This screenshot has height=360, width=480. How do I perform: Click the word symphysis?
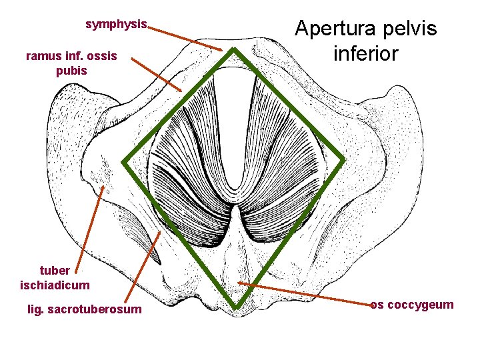(117, 24)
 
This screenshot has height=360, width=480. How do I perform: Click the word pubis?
(71, 70)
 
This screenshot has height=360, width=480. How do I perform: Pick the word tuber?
(55, 271)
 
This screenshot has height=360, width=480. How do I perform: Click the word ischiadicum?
(55, 285)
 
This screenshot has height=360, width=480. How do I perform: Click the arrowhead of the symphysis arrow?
(224, 49)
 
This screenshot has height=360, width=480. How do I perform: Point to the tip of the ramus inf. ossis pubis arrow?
(181, 91)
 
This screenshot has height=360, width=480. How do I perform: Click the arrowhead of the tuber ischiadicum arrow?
(103, 186)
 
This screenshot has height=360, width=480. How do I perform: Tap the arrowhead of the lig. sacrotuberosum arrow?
(160, 232)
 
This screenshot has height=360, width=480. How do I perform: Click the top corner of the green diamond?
(235, 51)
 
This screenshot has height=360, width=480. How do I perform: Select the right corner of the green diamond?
(345, 161)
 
